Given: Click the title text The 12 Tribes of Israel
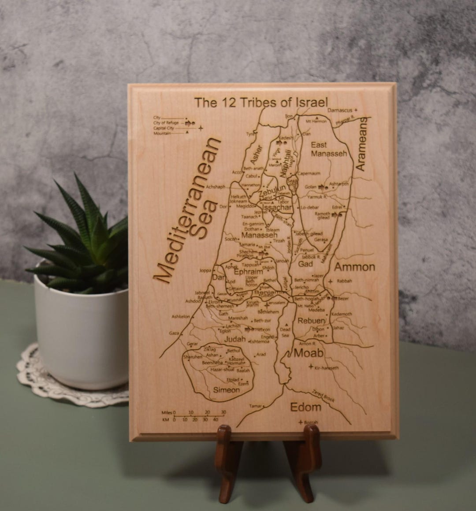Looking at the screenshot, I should tap(261, 103).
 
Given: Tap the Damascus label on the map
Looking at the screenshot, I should tap(340, 110).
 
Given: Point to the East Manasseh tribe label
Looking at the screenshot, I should tap(329, 149).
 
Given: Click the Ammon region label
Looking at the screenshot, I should tap(354, 267).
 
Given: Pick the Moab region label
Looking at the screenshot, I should tap(308, 353).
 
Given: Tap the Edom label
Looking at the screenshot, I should tap(305, 407).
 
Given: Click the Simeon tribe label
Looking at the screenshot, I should tap(226, 390).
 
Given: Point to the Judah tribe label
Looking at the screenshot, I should tap(234, 339).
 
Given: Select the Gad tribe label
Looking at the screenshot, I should tap(305, 264).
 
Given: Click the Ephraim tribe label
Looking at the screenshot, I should tap(248, 272).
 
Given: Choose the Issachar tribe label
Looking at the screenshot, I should tap(277, 207).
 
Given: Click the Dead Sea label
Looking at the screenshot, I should tap(285, 332).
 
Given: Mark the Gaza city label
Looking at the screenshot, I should tap(174, 333).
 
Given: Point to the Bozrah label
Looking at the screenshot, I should tap(311, 422).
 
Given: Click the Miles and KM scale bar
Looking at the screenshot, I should tap(194, 416).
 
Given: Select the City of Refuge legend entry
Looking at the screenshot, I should tap(166, 123).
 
